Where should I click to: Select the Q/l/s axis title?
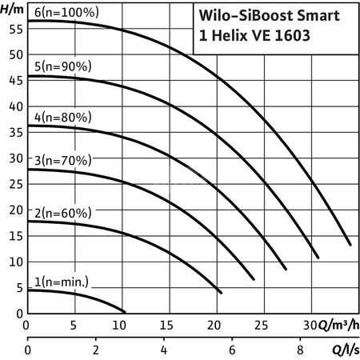341,350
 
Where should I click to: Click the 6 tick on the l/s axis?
232,350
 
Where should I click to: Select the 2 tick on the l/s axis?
96,350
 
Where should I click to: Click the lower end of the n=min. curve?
125,311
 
